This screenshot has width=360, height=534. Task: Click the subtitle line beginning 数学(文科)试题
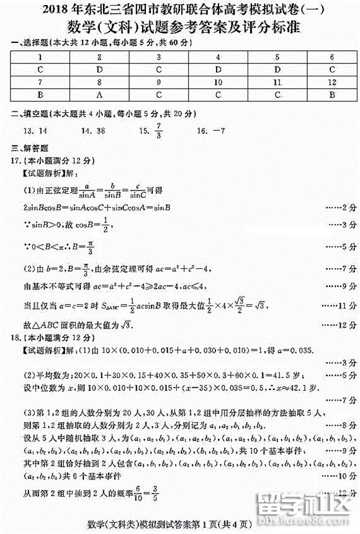click(x=180, y=27)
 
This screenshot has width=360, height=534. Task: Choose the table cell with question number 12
click(x=332, y=82)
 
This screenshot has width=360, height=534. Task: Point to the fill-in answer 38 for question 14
click(x=97, y=131)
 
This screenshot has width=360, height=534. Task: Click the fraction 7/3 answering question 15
click(x=159, y=132)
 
